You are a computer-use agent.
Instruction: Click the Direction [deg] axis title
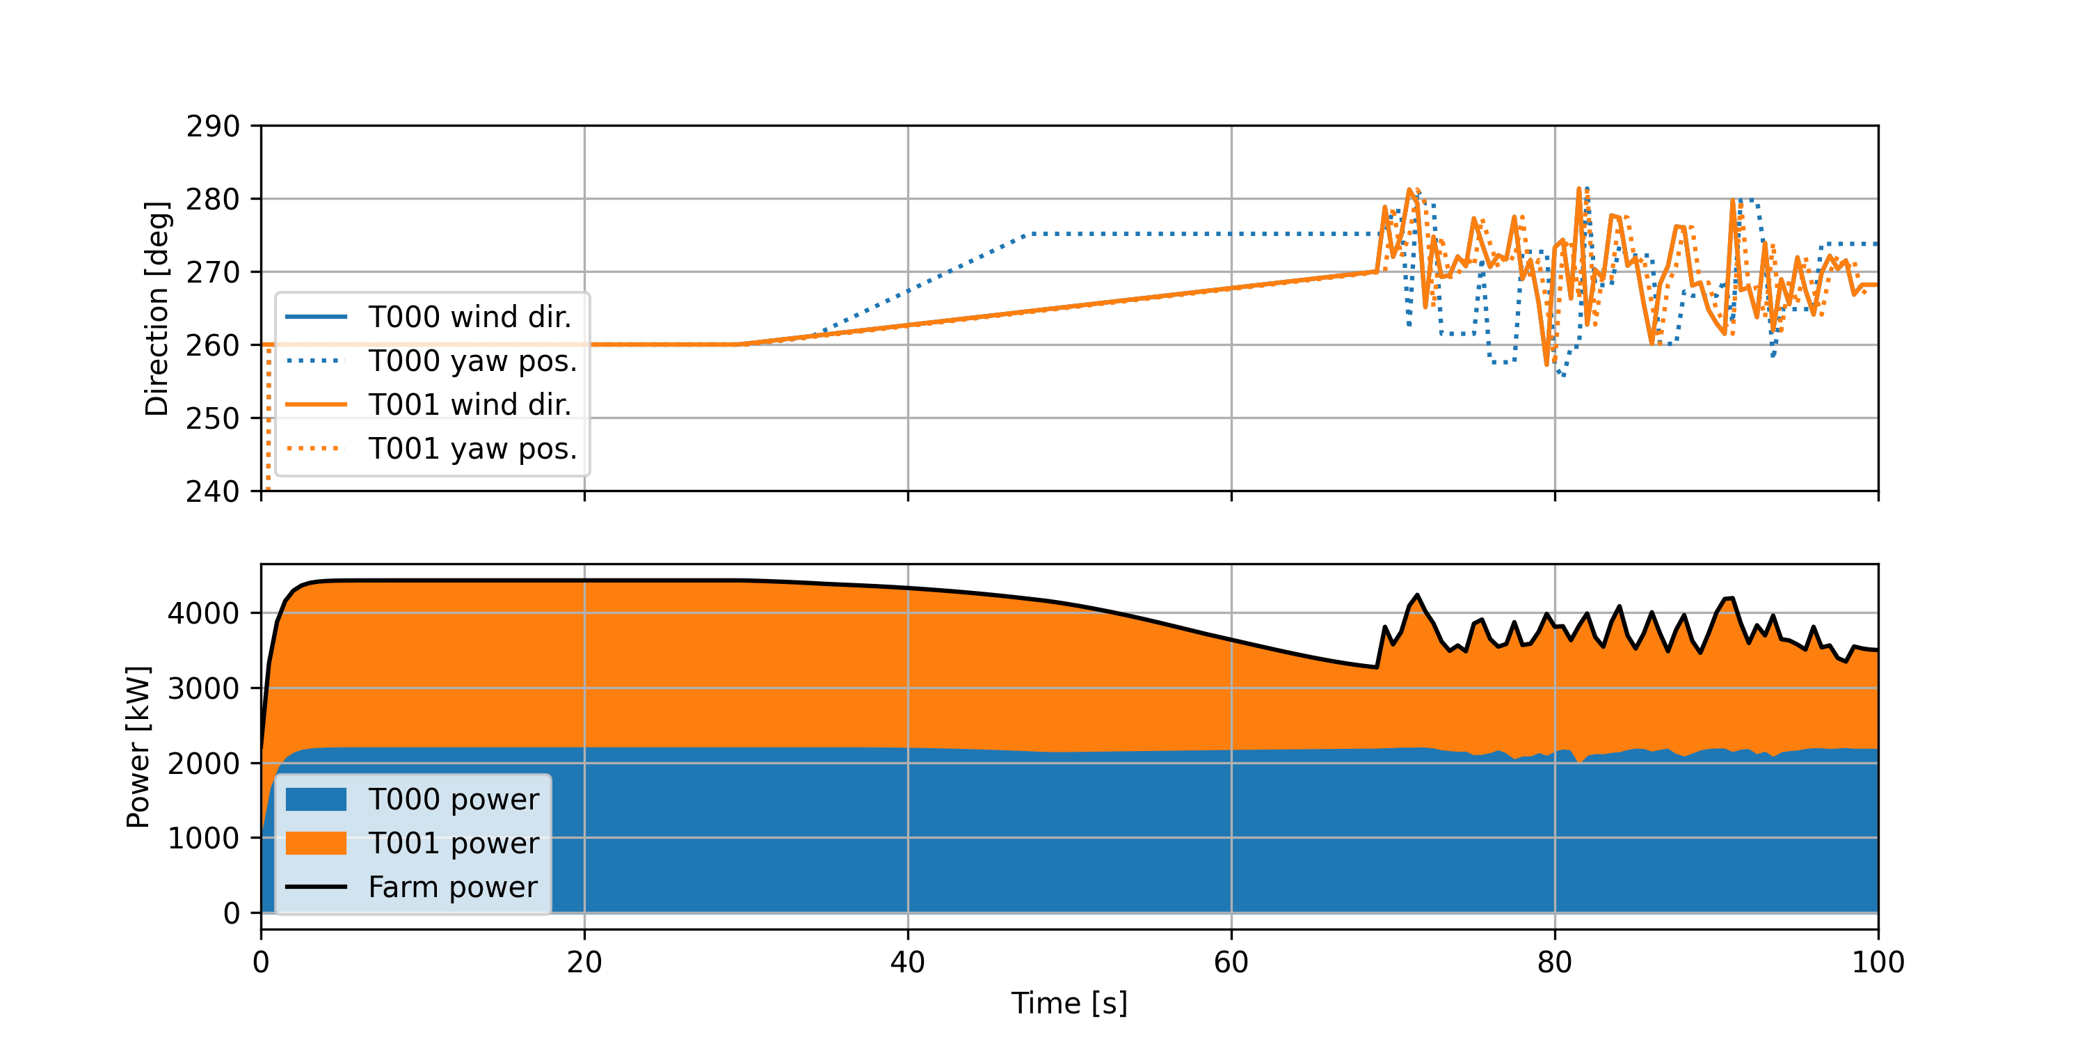click(157, 309)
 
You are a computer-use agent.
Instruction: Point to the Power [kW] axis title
click(138, 747)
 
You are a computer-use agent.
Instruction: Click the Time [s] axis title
click(1069, 1004)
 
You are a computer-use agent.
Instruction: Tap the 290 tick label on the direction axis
click(213, 127)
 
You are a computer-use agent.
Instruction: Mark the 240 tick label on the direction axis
click(213, 491)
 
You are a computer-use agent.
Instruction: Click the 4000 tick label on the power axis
click(203, 614)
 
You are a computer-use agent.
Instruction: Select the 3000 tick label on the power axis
click(203, 688)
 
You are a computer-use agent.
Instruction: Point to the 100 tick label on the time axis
click(1877, 963)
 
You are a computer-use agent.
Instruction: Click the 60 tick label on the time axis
click(1231, 963)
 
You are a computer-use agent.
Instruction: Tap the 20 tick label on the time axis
click(584, 963)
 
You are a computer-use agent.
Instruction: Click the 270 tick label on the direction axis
click(213, 272)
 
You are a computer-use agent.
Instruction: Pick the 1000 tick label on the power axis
click(203, 838)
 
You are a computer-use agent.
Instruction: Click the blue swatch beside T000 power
click(316, 799)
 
